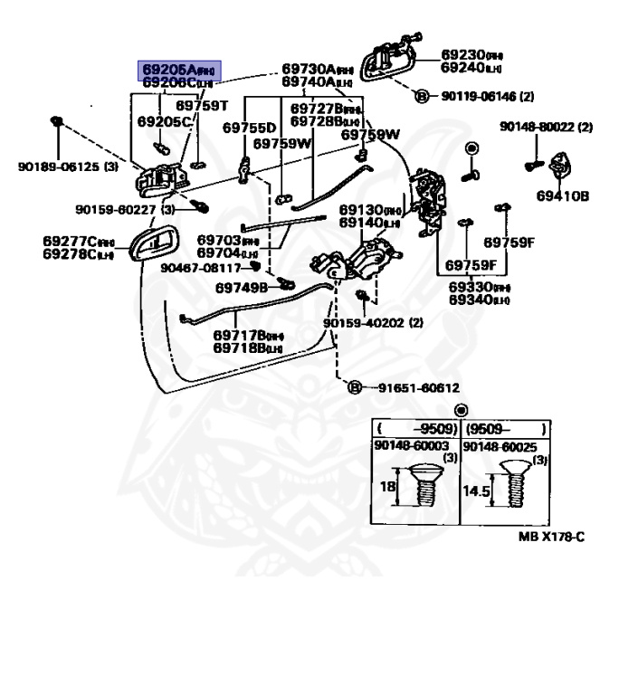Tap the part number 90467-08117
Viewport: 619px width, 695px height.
(x=201, y=268)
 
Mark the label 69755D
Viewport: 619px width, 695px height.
(x=249, y=129)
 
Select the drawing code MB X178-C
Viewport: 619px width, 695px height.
(x=551, y=537)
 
